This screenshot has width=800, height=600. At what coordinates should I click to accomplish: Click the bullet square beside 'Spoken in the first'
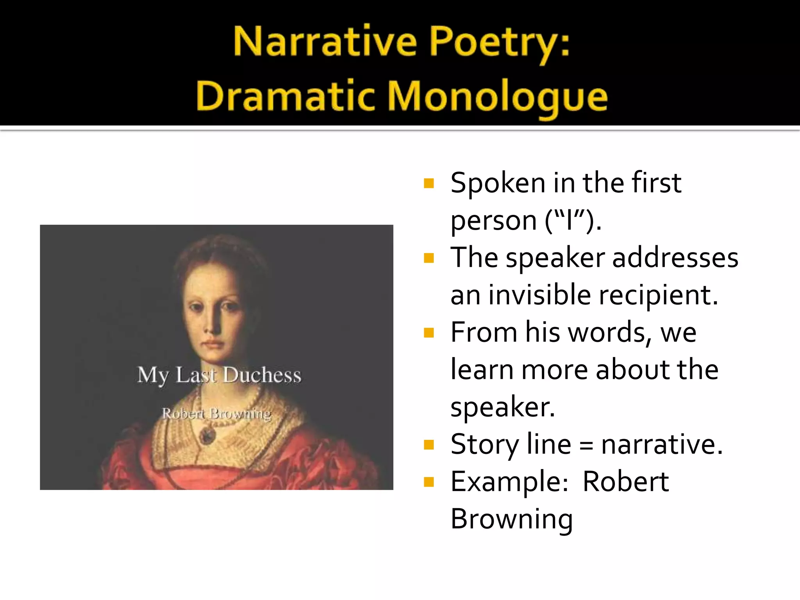[429, 183]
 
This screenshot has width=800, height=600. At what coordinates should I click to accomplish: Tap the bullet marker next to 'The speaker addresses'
[429, 258]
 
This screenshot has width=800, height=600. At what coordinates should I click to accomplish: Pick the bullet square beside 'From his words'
[429, 333]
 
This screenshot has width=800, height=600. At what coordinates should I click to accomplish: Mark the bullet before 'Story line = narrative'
[429, 445]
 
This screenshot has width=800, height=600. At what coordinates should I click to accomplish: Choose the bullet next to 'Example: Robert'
[429, 482]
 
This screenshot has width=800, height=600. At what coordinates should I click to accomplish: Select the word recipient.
[658, 295]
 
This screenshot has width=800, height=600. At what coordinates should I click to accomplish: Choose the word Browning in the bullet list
[511, 519]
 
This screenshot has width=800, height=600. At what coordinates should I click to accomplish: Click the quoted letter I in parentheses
[570, 220]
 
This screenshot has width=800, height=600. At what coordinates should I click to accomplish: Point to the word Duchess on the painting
[262, 375]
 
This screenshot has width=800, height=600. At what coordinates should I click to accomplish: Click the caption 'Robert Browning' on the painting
[216, 413]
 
